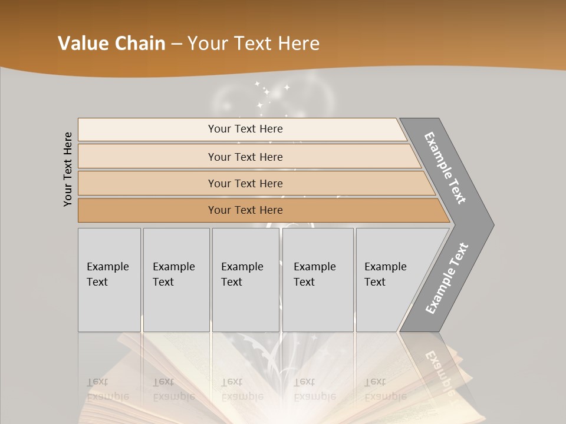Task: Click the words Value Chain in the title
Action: tap(111, 44)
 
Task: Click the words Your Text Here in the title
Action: tap(254, 44)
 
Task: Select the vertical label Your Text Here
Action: tap(68, 169)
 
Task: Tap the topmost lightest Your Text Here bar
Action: tap(245, 129)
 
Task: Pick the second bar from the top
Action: tap(245, 157)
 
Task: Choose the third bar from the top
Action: tap(245, 183)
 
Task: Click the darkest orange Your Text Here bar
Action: tap(245, 210)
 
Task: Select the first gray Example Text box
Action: tap(109, 279)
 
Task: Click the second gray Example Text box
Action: tap(176, 279)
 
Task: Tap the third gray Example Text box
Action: tap(245, 279)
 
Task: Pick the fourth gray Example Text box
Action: tap(317, 279)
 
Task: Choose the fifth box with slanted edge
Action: tap(389, 279)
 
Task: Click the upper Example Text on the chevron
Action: tap(446, 168)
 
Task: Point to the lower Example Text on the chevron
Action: tap(447, 278)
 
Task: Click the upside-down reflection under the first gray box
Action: tap(108, 389)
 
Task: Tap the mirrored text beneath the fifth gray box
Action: tap(385, 389)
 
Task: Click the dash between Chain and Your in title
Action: tap(176, 44)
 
